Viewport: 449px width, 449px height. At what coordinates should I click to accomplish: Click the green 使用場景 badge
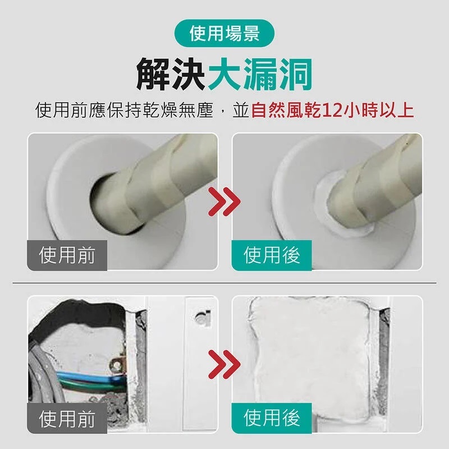pyautogui.click(x=224, y=33)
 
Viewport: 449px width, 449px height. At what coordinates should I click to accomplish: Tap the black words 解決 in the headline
pyautogui.click(x=171, y=75)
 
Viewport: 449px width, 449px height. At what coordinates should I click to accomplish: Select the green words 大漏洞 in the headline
pyautogui.click(x=260, y=75)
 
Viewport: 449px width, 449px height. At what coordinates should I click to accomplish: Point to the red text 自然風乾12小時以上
pyautogui.click(x=332, y=111)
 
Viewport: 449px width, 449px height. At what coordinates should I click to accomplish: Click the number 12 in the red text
pyautogui.click(x=332, y=111)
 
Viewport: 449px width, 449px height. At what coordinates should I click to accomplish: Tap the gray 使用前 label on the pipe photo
pyautogui.click(x=67, y=255)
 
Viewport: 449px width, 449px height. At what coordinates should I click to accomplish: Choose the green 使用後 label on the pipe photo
pyautogui.click(x=272, y=255)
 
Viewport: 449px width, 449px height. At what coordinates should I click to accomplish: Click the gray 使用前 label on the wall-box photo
pyautogui.click(x=67, y=418)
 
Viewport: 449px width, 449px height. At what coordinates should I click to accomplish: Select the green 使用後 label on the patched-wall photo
pyautogui.click(x=272, y=418)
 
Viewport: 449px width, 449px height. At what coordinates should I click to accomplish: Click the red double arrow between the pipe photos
pyautogui.click(x=224, y=201)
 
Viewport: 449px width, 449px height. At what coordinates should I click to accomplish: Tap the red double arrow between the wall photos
pyautogui.click(x=224, y=364)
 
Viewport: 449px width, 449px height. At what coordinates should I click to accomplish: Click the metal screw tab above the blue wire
pyautogui.click(x=118, y=365)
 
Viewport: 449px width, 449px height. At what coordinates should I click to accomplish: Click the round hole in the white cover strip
pyautogui.click(x=200, y=318)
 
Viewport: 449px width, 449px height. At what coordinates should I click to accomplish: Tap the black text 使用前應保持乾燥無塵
pyautogui.click(x=124, y=111)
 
